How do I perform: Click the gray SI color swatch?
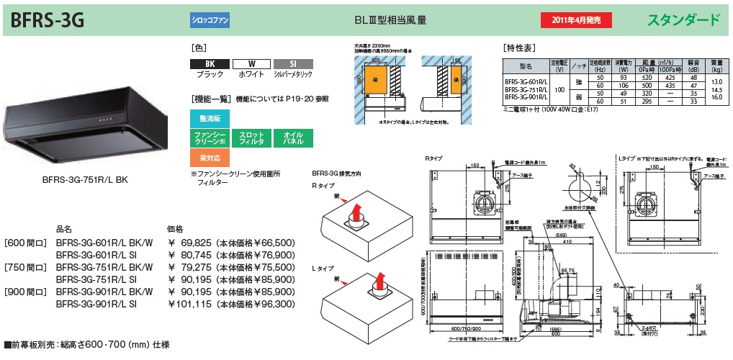292,64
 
